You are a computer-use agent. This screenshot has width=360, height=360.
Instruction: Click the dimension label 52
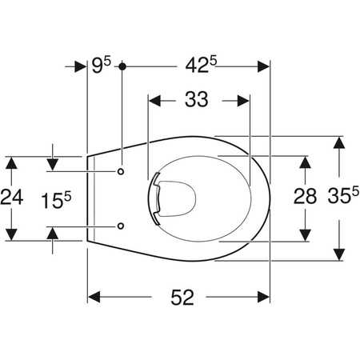pyautogui.click(x=182, y=298)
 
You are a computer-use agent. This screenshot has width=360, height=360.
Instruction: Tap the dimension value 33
pyautogui.click(x=197, y=99)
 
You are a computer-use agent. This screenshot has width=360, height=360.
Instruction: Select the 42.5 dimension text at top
pyautogui.click(x=201, y=65)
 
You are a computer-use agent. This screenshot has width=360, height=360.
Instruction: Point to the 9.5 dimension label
pyautogui.click(x=101, y=65)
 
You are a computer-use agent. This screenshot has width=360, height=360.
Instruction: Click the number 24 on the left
pyautogui.click(x=12, y=198)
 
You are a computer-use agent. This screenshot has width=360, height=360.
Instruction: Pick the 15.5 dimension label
pyautogui.click(x=56, y=201)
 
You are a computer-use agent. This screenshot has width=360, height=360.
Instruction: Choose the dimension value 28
pyautogui.click(x=305, y=196)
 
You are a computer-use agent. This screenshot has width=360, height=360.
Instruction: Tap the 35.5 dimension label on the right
pyautogui.click(x=343, y=195)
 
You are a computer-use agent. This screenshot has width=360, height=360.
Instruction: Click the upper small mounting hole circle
pyautogui.click(x=121, y=171)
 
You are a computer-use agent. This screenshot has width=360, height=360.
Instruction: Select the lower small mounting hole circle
pyautogui.click(x=121, y=226)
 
